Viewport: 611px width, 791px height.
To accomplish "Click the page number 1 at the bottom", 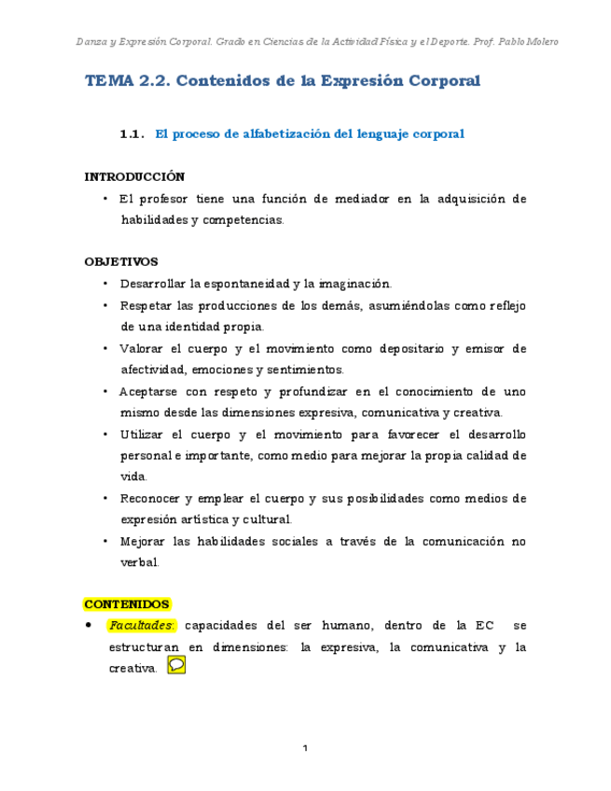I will pyautogui.click(x=305, y=748).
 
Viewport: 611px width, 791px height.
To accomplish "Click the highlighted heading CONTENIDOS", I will pyautogui.click(x=127, y=604).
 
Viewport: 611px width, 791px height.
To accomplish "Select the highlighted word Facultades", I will pyautogui.click(x=142, y=625).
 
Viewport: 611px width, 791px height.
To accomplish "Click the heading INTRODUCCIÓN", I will pyautogui.click(x=134, y=176).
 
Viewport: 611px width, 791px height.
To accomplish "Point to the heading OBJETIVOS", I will pyautogui.click(x=121, y=262).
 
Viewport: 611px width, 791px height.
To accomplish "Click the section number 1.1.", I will pyautogui.click(x=132, y=134).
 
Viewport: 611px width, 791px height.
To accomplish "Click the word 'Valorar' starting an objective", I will pyautogui.click(x=142, y=349).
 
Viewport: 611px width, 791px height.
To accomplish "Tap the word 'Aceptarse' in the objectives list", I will pyautogui.click(x=149, y=392).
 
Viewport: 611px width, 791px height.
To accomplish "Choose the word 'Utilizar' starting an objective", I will pyautogui.click(x=142, y=435).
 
